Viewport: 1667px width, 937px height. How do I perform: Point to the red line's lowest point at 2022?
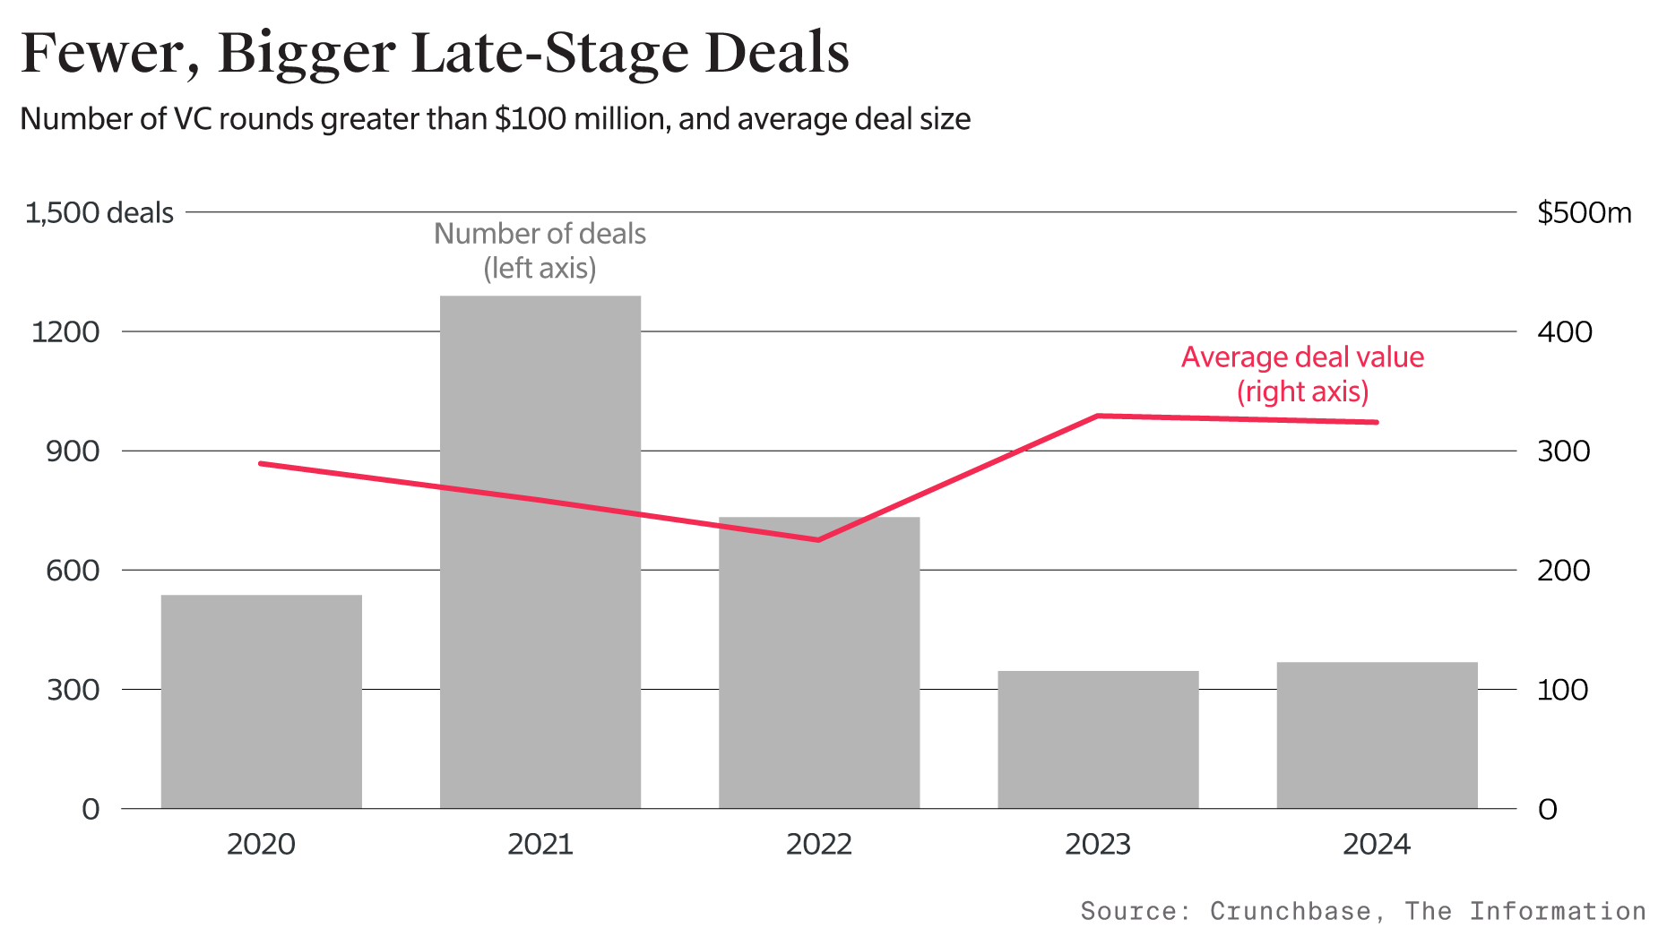tap(818, 540)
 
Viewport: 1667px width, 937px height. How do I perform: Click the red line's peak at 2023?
tap(1098, 416)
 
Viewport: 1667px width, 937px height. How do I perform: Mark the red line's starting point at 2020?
tap(261, 463)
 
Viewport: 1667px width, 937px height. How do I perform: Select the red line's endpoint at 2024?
tap(1376, 422)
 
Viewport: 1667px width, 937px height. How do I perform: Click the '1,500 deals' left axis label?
tap(99, 213)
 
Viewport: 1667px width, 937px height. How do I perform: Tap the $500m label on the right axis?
tap(1584, 213)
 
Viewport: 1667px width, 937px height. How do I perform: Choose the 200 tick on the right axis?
tap(1563, 571)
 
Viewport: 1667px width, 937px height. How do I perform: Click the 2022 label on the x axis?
tap(818, 844)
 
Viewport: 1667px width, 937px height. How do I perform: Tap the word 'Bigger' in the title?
tap(306, 54)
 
